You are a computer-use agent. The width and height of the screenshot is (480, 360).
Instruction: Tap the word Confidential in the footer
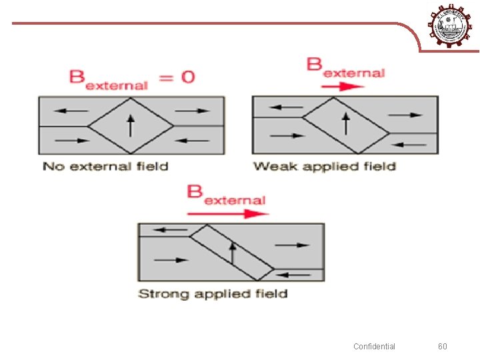pos(374,346)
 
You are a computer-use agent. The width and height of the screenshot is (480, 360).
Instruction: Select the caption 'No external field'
pos(105,166)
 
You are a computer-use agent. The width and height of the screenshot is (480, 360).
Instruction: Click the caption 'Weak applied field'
pos(325,166)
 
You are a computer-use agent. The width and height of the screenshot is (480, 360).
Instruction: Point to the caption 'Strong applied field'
pos(213,293)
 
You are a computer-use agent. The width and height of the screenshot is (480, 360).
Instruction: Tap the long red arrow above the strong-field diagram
pos(227,214)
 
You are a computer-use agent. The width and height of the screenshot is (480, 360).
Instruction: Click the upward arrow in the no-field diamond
pos(131,125)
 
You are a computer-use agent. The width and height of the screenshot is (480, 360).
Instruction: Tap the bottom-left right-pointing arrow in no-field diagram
pos(73,140)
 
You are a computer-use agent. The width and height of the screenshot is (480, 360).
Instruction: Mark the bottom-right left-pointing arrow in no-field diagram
pos(193,140)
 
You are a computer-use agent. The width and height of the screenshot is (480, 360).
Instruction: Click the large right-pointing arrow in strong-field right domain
pos(292,245)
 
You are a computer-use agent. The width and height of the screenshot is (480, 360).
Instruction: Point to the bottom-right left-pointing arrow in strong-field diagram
pos(294,274)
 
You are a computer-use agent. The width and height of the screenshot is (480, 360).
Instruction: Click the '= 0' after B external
pos(176,77)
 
